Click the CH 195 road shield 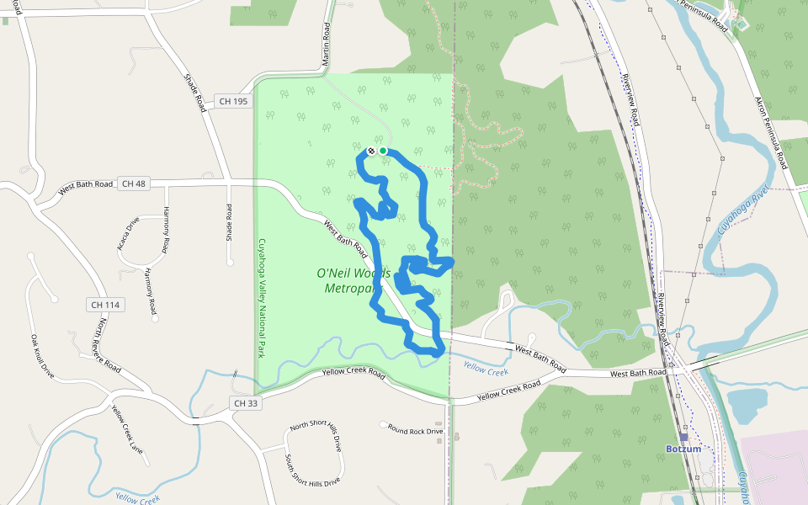click(x=233, y=101)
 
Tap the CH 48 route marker click(x=133, y=183)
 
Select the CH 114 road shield click(x=106, y=304)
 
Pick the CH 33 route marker click(x=243, y=404)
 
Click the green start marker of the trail click(x=383, y=151)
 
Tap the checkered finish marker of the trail click(x=370, y=151)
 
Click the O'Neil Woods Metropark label click(x=353, y=281)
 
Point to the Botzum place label click(x=683, y=449)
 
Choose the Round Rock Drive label click(x=415, y=430)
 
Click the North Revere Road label click(x=107, y=347)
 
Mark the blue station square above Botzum click(x=684, y=437)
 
